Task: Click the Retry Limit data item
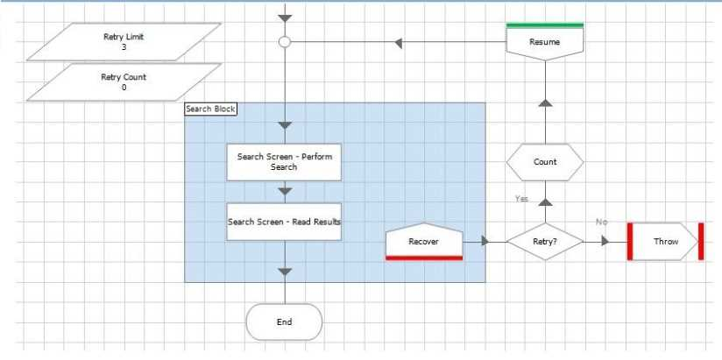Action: [x=124, y=41]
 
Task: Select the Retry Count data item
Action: [x=124, y=82]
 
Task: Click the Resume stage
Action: [x=545, y=41]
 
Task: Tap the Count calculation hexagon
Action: [x=545, y=162]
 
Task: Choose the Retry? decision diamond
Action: [x=545, y=241]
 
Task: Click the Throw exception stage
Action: [x=666, y=241]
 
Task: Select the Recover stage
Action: [x=423, y=240]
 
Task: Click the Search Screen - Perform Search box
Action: [x=284, y=162]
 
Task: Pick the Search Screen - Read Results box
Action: [x=284, y=222]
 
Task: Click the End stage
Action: [x=284, y=321]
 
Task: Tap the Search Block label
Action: [x=211, y=109]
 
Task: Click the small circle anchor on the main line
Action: [x=284, y=41]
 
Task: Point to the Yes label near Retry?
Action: [x=522, y=200]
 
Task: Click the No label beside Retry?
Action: [x=601, y=222]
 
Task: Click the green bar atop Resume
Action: [x=545, y=25]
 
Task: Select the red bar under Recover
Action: [x=423, y=258]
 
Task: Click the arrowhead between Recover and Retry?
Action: [x=485, y=241]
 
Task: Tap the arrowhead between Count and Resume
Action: [x=545, y=103]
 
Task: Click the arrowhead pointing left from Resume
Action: [x=399, y=42]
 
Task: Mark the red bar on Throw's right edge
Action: [x=701, y=241]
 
